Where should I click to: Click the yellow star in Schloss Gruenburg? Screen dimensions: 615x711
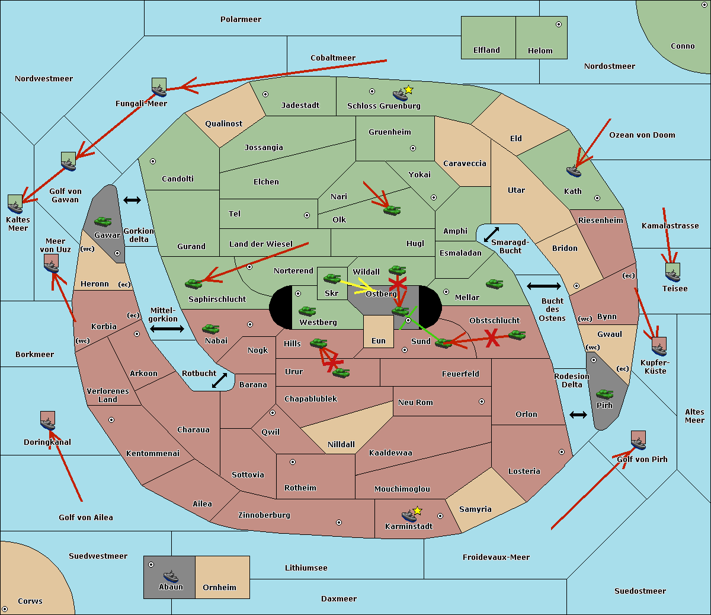(408, 90)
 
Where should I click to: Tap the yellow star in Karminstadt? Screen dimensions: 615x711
(418, 511)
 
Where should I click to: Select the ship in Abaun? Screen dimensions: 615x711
(171, 576)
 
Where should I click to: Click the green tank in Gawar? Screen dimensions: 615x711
(103, 222)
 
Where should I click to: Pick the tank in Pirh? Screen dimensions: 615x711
(604, 394)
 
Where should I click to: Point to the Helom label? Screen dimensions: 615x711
(540, 51)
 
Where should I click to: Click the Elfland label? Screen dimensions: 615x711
(486, 50)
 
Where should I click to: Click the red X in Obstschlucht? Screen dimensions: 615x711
(492, 339)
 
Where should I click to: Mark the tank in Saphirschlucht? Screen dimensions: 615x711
(194, 283)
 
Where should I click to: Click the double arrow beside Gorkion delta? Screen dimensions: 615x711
(132, 200)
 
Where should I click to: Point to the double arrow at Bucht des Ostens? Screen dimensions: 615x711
(543, 286)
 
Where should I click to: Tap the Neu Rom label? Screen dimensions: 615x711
(415, 402)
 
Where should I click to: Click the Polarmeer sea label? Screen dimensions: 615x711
(241, 20)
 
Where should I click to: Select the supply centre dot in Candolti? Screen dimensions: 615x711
(153, 161)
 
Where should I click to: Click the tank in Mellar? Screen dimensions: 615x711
(494, 283)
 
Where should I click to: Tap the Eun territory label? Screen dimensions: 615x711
(379, 341)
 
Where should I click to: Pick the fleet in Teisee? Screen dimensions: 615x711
(672, 272)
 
